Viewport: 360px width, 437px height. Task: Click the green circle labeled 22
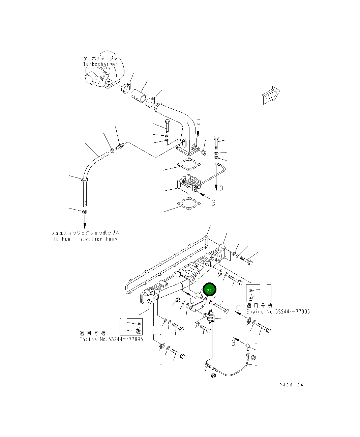[x=209, y=290]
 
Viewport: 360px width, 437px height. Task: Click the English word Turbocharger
[x=100, y=64]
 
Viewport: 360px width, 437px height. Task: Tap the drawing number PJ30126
[x=291, y=385]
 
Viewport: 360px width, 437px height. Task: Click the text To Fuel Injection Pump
[x=85, y=239]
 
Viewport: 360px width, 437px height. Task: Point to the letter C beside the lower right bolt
[x=238, y=307]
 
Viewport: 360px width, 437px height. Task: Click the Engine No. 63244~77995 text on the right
[x=278, y=311]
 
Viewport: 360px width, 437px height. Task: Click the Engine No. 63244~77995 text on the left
[x=111, y=339]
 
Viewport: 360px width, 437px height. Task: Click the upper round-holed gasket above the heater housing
[x=189, y=166]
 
